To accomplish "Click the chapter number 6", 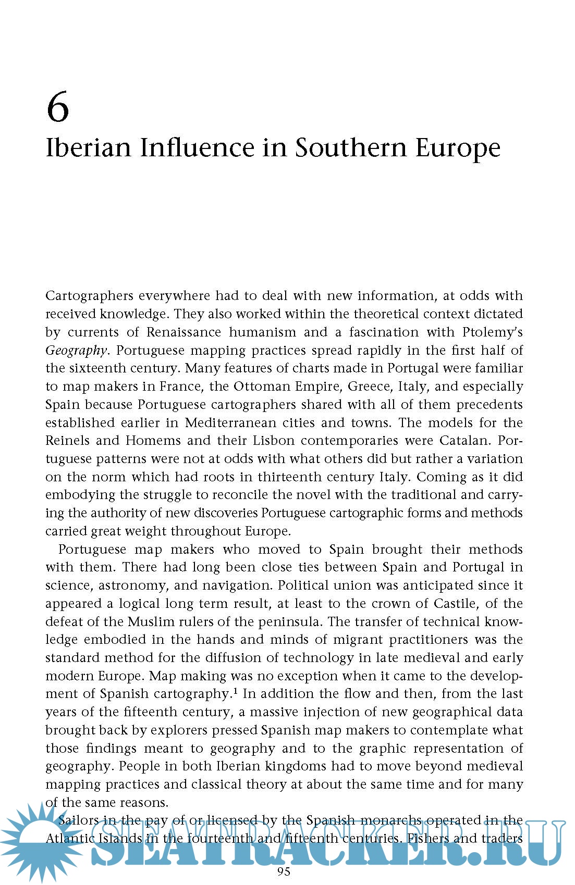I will pos(57,107).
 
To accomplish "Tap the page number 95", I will pos(284,871).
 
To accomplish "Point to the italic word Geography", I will pos(76,351).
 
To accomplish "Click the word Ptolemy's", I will pos(492,332).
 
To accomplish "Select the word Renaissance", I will pos(183,332).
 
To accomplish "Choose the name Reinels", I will pos(66,441).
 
